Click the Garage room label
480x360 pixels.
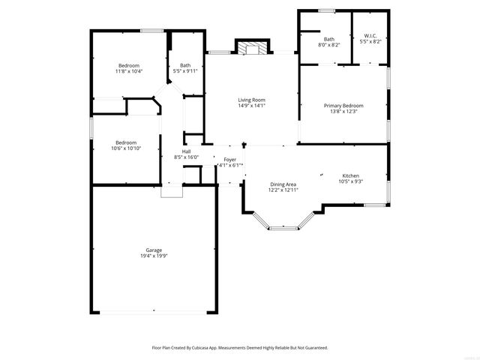[154, 250]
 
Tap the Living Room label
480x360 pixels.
[252, 100]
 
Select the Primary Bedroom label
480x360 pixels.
[343, 106]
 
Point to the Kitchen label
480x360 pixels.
[351, 175]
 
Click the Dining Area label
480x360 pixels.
[283, 184]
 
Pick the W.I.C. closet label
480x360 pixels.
[370, 36]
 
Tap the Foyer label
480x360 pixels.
[229, 160]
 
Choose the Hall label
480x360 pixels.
[185, 151]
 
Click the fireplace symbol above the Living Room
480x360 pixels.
[252, 48]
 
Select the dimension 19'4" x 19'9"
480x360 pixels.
[154, 256]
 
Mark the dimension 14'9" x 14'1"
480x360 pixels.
[252, 106]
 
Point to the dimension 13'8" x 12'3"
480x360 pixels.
[343, 112]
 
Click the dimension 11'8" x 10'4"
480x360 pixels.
[128, 71]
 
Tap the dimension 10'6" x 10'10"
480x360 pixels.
[126, 148]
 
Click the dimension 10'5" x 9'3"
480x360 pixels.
[351, 181]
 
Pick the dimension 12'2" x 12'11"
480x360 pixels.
[283, 190]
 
